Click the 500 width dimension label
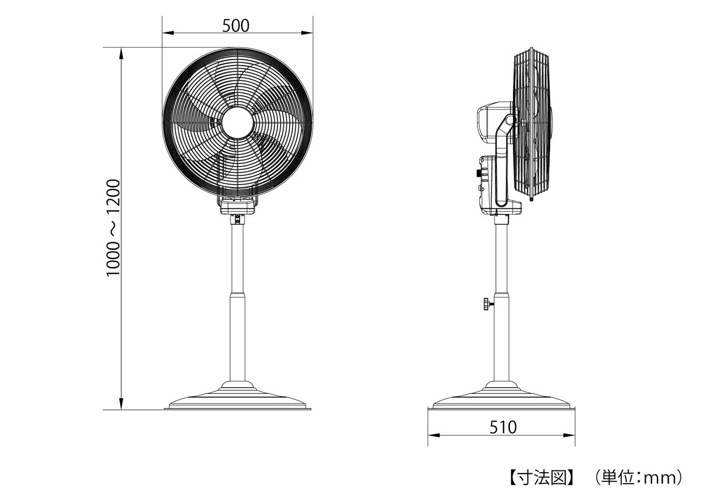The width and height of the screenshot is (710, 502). tap(236, 25)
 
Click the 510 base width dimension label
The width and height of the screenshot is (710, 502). tap(503, 427)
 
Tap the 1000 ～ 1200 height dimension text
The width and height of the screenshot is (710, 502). tap(113, 228)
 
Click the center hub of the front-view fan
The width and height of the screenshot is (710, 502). tap(237, 123)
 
